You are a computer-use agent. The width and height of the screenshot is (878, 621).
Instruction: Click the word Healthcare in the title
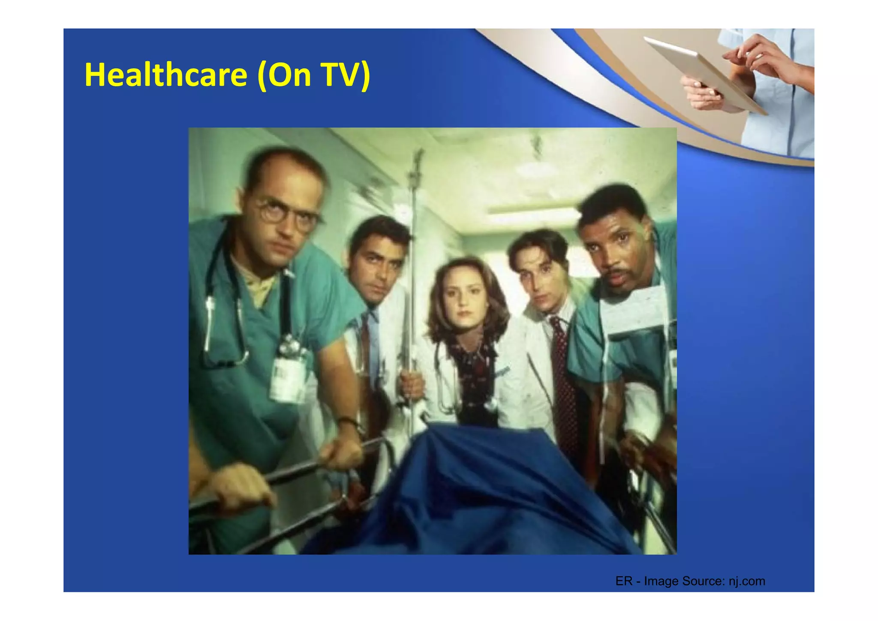(x=165, y=75)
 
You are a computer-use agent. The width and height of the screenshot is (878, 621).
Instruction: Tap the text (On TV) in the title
(x=313, y=75)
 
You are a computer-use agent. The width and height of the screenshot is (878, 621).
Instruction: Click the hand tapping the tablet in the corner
(x=767, y=56)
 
